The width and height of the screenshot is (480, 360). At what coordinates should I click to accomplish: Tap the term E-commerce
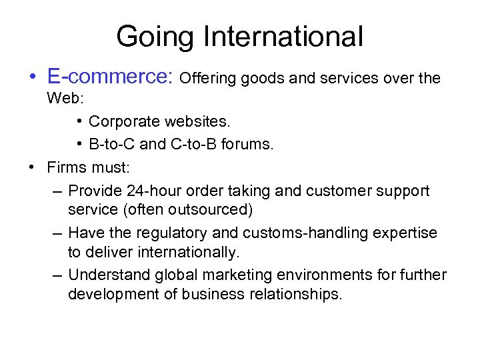pos(109,77)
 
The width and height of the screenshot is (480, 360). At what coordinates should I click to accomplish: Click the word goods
pos(263,79)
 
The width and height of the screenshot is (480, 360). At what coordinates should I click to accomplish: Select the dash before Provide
pos(56,191)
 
